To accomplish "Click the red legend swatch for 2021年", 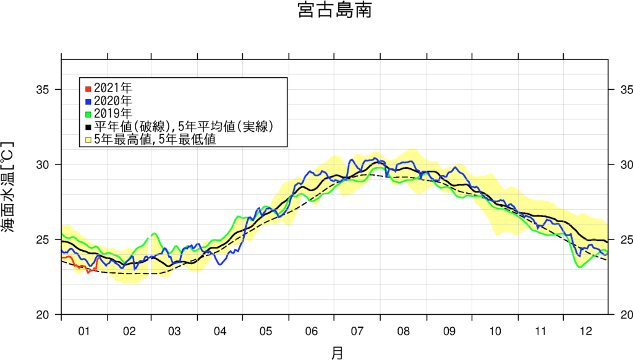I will pos(88,87).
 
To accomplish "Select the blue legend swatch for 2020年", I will pos(88,100).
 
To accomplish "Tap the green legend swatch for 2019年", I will pos(88,113).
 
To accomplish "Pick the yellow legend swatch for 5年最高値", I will pos(88,140).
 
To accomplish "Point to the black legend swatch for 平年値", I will pos(88,127).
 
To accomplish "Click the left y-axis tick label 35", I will pos(43,90).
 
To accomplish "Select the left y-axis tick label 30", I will pos(43,165).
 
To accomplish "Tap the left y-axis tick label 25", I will pos(43,239).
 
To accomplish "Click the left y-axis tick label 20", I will pos(43,314).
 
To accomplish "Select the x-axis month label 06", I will pos(312,331).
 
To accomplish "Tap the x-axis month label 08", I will pos(403,331).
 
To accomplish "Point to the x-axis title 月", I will pos(336,353).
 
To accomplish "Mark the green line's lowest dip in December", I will pos(580,267).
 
